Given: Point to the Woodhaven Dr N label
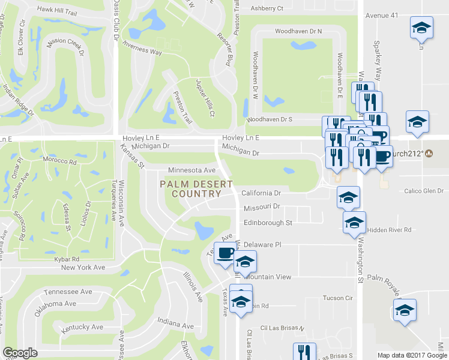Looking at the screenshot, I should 298,31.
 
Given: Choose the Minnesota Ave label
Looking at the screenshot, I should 191,170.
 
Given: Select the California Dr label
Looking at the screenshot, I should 261,193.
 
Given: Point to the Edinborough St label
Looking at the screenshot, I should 268,223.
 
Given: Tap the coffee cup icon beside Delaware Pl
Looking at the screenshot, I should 225,253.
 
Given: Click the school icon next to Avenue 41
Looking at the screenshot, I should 421,28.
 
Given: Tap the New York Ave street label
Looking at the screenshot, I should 82,268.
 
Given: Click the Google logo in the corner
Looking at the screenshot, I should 20,353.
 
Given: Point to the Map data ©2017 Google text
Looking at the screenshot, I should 412,355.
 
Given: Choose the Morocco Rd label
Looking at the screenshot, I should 59,161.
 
